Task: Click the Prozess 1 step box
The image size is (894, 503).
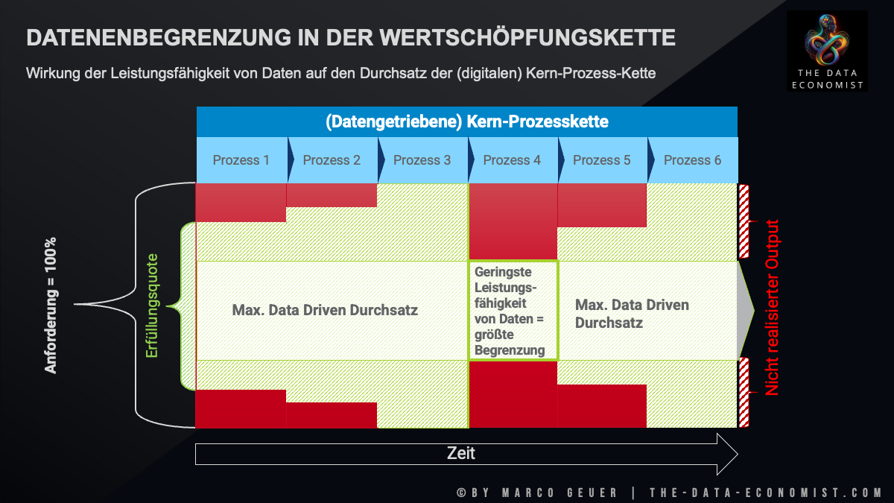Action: click(x=241, y=160)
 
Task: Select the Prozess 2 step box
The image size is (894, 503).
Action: click(x=332, y=160)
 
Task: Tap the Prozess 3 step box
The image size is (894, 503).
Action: click(x=422, y=160)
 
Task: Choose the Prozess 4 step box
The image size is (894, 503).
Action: click(x=512, y=160)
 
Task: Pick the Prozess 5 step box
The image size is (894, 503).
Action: click(x=601, y=160)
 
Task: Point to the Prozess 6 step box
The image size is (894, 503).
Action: click(x=692, y=160)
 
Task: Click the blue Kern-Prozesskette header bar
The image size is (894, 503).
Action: click(x=466, y=122)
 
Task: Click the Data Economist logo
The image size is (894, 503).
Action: click(x=827, y=51)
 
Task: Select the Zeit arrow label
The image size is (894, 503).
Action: click(x=461, y=453)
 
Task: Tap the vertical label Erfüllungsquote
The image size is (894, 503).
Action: click(x=152, y=306)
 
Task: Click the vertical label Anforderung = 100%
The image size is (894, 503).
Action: click(x=51, y=306)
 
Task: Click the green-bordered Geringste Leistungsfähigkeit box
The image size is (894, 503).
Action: click(x=513, y=310)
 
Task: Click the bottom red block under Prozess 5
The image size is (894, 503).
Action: click(x=601, y=406)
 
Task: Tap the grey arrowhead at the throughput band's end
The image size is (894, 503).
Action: click(x=744, y=310)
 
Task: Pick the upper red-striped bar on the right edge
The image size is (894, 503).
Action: click(x=744, y=221)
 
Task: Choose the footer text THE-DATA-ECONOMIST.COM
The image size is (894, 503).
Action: click(x=766, y=493)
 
